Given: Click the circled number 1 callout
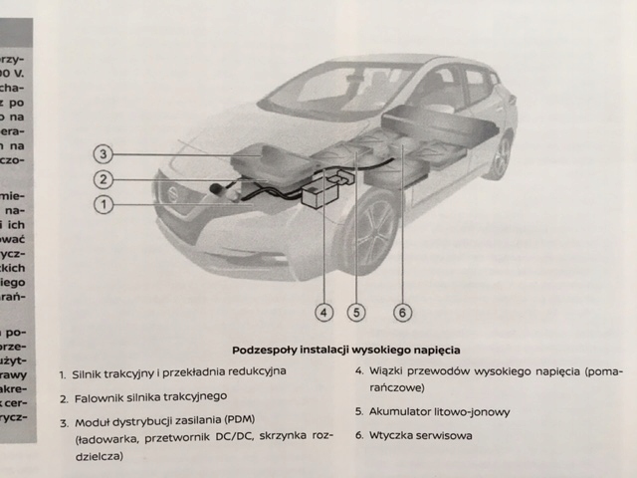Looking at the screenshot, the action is pyautogui.click(x=104, y=204).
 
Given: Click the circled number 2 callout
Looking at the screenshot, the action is pyautogui.click(x=104, y=179).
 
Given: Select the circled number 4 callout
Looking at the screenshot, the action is pyautogui.click(x=323, y=312).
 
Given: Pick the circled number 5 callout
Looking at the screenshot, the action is pyautogui.click(x=357, y=312).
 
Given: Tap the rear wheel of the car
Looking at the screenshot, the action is pyautogui.click(x=500, y=155).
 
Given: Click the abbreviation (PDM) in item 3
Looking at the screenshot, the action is pyautogui.click(x=239, y=418).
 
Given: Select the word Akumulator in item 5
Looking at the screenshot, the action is pyautogui.click(x=409, y=410).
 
